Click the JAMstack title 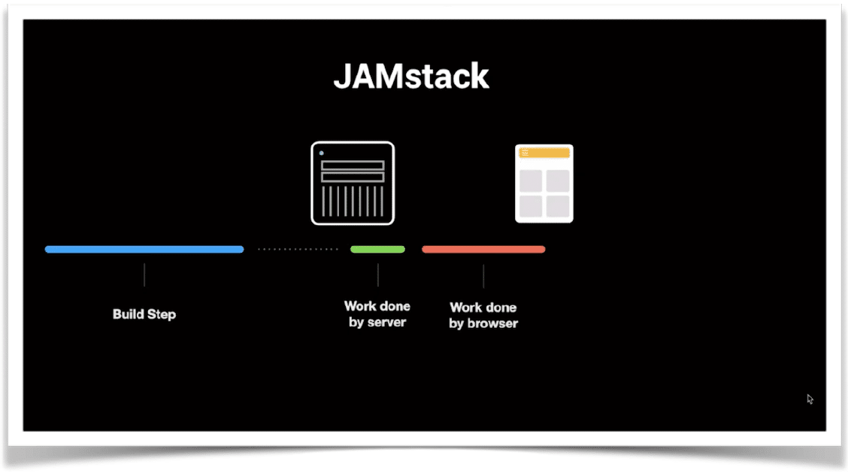[x=411, y=76]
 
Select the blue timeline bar [x=144, y=250]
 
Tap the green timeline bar [x=377, y=250]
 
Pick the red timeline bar [x=483, y=250]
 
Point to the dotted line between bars [x=298, y=250]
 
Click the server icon [x=353, y=183]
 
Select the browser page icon [x=544, y=184]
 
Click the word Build [x=128, y=314]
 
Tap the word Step [x=162, y=315]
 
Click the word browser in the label [x=492, y=324]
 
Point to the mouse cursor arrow [x=810, y=399]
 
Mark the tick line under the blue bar [x=144, y=275]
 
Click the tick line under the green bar [x=378, y=275]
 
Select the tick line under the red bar [x=483, y=276]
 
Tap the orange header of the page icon [x=544, y=153]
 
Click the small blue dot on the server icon [x=321, y=153]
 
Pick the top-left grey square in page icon [x=531, y=181]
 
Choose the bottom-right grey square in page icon [x=558, y=206]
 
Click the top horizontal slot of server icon [x=353, y=165]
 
